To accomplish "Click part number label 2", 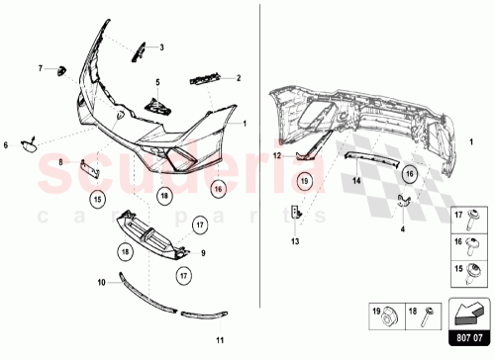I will [x=239, y=77].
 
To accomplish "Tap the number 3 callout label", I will [x=162, y=47].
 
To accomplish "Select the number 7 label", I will [x=41, y=68].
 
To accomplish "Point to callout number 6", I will [x=6, y=145].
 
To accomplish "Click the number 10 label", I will [x=100, y=282].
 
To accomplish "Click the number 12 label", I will [x=278, y=156].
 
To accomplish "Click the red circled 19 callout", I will [x=304, y=181].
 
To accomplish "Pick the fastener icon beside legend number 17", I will [x=474, y=215].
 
